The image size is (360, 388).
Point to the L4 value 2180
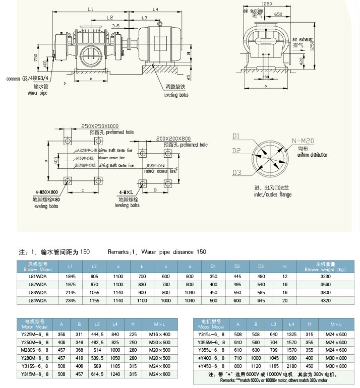pyautogui.click(x=291, y=365)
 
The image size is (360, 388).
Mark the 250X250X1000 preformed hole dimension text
pyautogui.click(x=100, y=126)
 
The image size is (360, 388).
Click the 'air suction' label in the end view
pyautogui.click(x=254, y=10)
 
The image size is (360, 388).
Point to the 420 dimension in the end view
pyautogui.click(x=302, y=61)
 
